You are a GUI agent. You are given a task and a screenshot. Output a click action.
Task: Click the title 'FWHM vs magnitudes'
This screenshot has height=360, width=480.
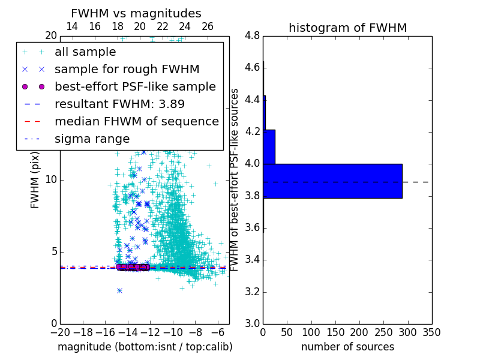pyautogui.click(x=136, y=13)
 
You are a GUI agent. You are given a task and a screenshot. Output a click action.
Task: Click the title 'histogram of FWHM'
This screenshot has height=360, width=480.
pyautogui.click(x=347, y=28)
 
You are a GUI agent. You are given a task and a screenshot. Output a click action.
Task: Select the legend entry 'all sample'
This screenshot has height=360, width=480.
pyautogui.click(x=85, y=52)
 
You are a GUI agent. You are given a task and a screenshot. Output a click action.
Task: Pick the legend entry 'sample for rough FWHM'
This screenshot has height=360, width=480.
pyautogui.click(x=127, y=70)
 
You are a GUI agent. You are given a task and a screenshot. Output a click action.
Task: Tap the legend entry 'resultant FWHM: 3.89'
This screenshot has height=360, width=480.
pyautogui.click(x=118, y=104)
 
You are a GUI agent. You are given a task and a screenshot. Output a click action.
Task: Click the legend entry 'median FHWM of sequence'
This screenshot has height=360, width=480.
pyautogui.click(x=136, y=121)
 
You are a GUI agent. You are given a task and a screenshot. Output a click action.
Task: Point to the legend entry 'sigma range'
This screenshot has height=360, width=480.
pyautogui.click(x=92, y=139)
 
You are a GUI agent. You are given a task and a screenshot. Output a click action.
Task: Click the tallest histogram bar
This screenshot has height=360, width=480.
pyautogui.click(x=332, y=181)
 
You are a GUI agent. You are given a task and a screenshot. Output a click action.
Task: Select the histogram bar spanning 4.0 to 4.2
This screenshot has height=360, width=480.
pyautogui.click(x=269, y=147)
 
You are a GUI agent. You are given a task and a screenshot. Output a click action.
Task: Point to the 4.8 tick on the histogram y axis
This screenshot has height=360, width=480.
pyautogui.click(x=253, y=35)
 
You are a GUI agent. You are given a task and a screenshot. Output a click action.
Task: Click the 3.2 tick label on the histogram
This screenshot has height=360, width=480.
pyautogui.click(x=253, y=292)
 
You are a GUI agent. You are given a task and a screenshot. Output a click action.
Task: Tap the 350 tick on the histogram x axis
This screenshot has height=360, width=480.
pyautogui.click(x=431, y=332)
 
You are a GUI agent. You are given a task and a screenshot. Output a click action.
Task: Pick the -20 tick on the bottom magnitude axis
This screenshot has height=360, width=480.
pyautogui.click(x=60, y=332)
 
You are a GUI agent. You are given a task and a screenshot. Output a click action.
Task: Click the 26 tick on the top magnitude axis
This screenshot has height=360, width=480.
pyautogui.click(x=208, y=26)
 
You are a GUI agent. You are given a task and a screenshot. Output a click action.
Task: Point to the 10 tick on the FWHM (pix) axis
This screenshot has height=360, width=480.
pyautogui.click(x=52, y=179)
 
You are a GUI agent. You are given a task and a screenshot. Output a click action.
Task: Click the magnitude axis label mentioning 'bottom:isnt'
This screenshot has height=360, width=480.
pyautogui.click(x=145, y=347)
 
